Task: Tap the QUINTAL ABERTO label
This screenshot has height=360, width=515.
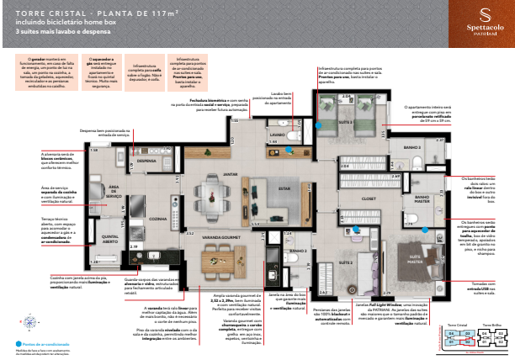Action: pyautogui.click(x=111, y=240)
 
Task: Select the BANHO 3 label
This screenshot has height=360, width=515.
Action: pyautogui.click(x=411, y=147)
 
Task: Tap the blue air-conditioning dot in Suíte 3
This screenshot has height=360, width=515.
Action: pyautogui.click(x=318, y=124)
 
